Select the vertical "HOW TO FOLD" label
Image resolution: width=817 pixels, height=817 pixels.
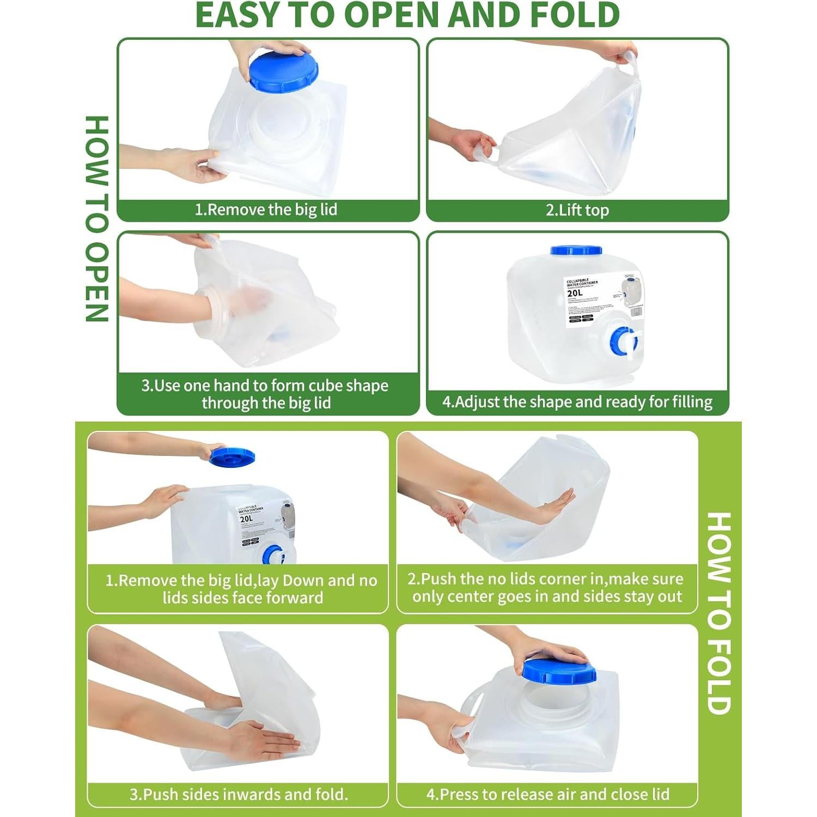tap(718, 613)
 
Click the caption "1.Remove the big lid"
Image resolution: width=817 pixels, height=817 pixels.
tap(266, 210)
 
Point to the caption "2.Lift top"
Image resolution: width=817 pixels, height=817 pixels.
tap(577, 210)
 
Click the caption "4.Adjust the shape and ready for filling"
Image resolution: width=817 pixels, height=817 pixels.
tap(577, 402)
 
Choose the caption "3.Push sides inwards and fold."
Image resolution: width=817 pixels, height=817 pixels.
tap(239, 794)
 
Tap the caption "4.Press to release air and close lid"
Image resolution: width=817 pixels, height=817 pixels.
tap(547, 794)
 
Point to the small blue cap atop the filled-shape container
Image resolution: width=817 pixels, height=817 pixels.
tap(576, 251)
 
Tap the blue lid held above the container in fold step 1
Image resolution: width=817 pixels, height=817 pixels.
tap(232, 456)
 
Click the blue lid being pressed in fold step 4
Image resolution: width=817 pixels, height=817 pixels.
tap(559, 670)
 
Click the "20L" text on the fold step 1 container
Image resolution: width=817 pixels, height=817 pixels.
tap(247, 519)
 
